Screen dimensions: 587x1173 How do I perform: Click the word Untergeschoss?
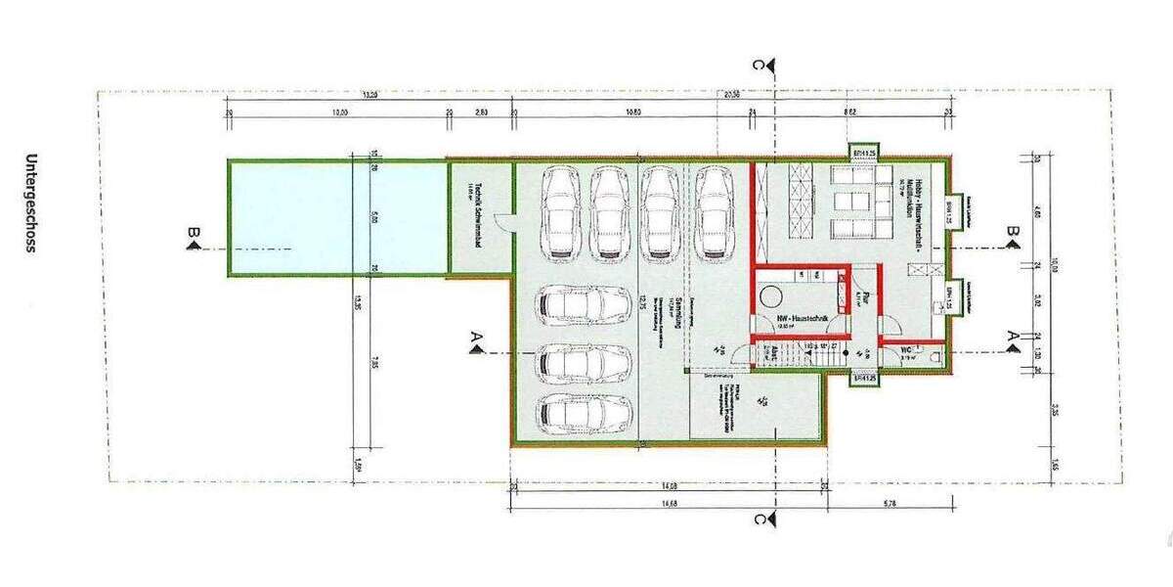[x=31, y=203]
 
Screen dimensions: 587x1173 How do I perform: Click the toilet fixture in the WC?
[x=935, y=358]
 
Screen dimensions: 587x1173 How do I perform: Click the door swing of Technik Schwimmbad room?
[x=501, y=222]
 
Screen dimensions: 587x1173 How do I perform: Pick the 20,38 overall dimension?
[x=731, y=95]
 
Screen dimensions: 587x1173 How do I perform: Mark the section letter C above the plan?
[x=759, y=66]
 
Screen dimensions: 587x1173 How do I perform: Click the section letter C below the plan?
[x=759, y=519]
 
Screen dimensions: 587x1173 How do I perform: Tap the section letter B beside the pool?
[x=195, y=233]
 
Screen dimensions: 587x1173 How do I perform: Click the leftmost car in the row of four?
[x=561, y=212]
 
